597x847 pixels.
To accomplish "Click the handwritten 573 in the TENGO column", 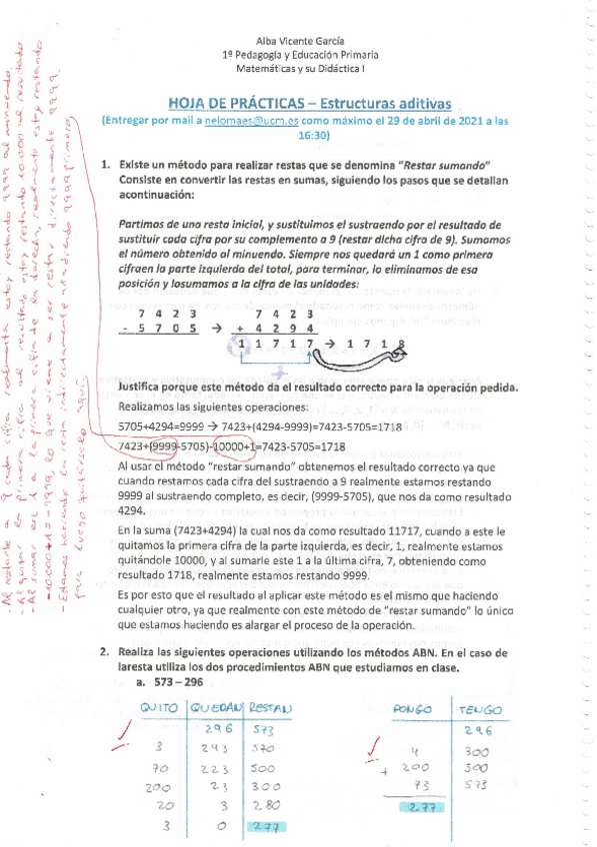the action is [478, 785].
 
